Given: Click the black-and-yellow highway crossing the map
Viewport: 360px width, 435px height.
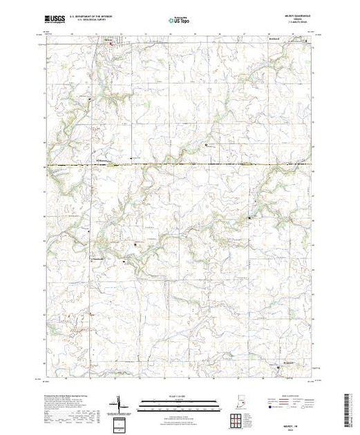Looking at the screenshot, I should (180, 164).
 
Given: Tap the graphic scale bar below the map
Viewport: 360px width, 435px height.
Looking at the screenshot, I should (176, 400).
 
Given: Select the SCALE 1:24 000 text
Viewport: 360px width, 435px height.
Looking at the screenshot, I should (176, 395).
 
